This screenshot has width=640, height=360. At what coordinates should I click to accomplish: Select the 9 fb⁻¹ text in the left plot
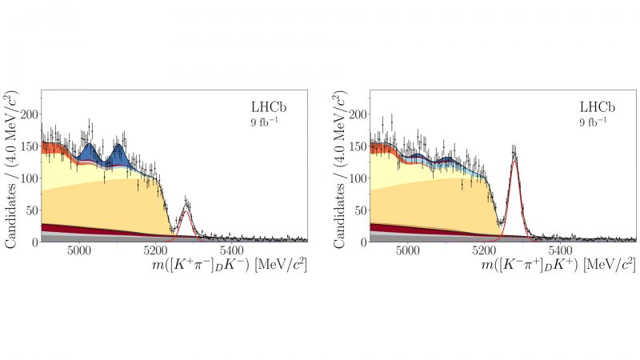coord(264,122)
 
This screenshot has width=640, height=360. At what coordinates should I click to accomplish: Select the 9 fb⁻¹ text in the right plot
coord(594,122)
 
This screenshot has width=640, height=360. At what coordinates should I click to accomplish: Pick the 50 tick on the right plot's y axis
coord(361,210)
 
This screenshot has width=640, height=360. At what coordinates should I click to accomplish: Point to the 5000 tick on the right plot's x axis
coord(409,250)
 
